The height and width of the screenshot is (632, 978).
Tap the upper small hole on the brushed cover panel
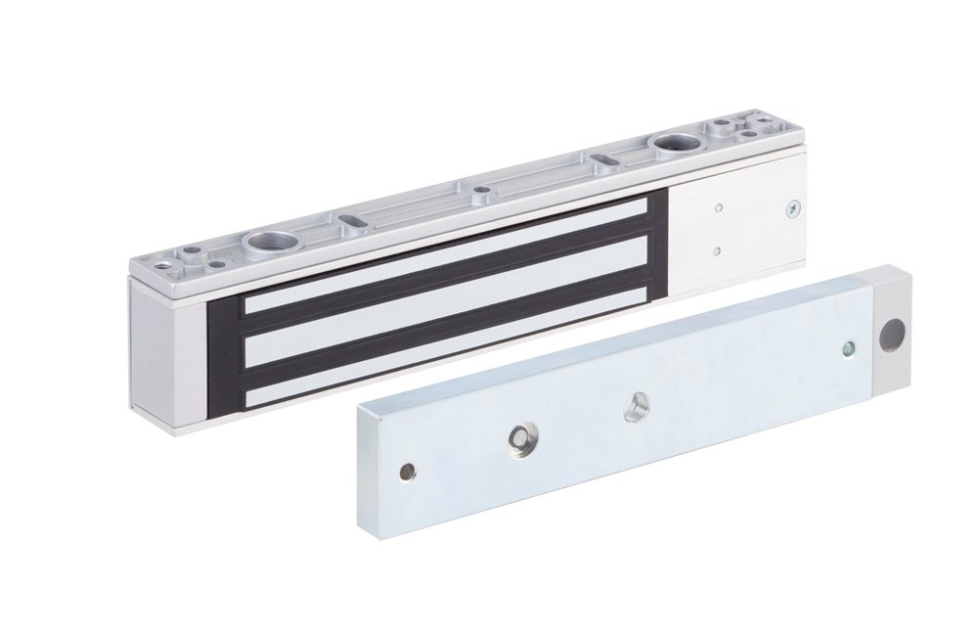(x=720, y=206)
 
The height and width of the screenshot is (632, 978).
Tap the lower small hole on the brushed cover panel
(x=719, y=248)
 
